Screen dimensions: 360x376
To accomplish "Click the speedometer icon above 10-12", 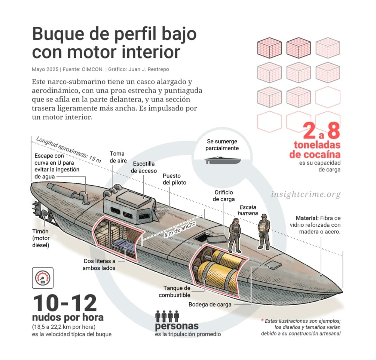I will [x=43, y=278].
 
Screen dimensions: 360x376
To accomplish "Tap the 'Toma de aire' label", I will [x=117, y=157].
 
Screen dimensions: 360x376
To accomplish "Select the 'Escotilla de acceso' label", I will [x=143, y=167].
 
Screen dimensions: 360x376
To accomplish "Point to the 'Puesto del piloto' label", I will [x=174, y=179].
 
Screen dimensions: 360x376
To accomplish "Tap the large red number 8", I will [x=333, y=131].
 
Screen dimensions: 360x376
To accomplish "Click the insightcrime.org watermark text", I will [x=306, y=194].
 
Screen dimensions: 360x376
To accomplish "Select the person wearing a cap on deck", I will [x=264, y=231].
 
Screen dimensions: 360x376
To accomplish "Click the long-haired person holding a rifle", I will [x=235, y=235].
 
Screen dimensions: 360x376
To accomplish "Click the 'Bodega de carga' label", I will [x=210, y=304].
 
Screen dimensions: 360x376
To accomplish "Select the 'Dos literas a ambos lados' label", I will [x=99, y=264].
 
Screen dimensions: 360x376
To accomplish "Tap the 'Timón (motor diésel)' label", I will [x=41, y=238].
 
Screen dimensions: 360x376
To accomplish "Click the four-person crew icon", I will [x=167, y=316].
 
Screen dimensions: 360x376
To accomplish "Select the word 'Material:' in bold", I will [x=306, y=218].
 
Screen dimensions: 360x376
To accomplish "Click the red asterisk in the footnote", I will [x=262, y=320].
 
